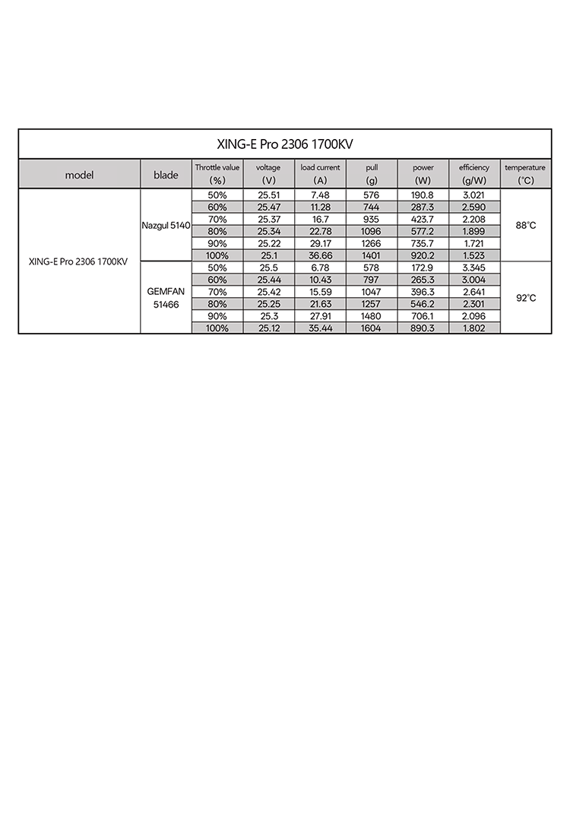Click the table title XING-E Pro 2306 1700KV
pos(285,144)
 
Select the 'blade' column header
pos(166,175)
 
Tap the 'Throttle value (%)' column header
pos(217,173)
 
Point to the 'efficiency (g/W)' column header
pos(474,173)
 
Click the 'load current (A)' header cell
pos(320,173)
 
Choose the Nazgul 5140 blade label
pos(166,226)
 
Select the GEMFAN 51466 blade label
pos(166,297)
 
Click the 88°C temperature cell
pos(526,226)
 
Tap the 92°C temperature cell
pos(526,298)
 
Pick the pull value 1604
pos(372,328)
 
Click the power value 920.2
pos(423,256)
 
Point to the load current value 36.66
pos(320,256)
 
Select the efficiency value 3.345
pos(474,268)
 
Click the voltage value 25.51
pos(268,195)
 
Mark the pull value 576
pos(372,195)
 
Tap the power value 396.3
pos(423,292)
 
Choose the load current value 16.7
pos(320,220)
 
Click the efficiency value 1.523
pos(474,256)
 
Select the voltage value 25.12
pos(268,328)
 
